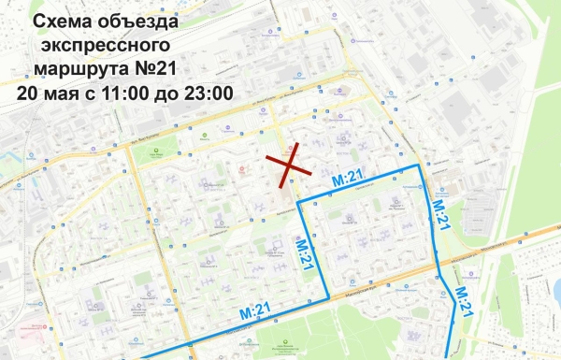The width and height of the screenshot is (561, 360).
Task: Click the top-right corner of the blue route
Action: tap(420, 166)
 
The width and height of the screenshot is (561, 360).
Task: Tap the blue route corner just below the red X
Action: tap(299, 203)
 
